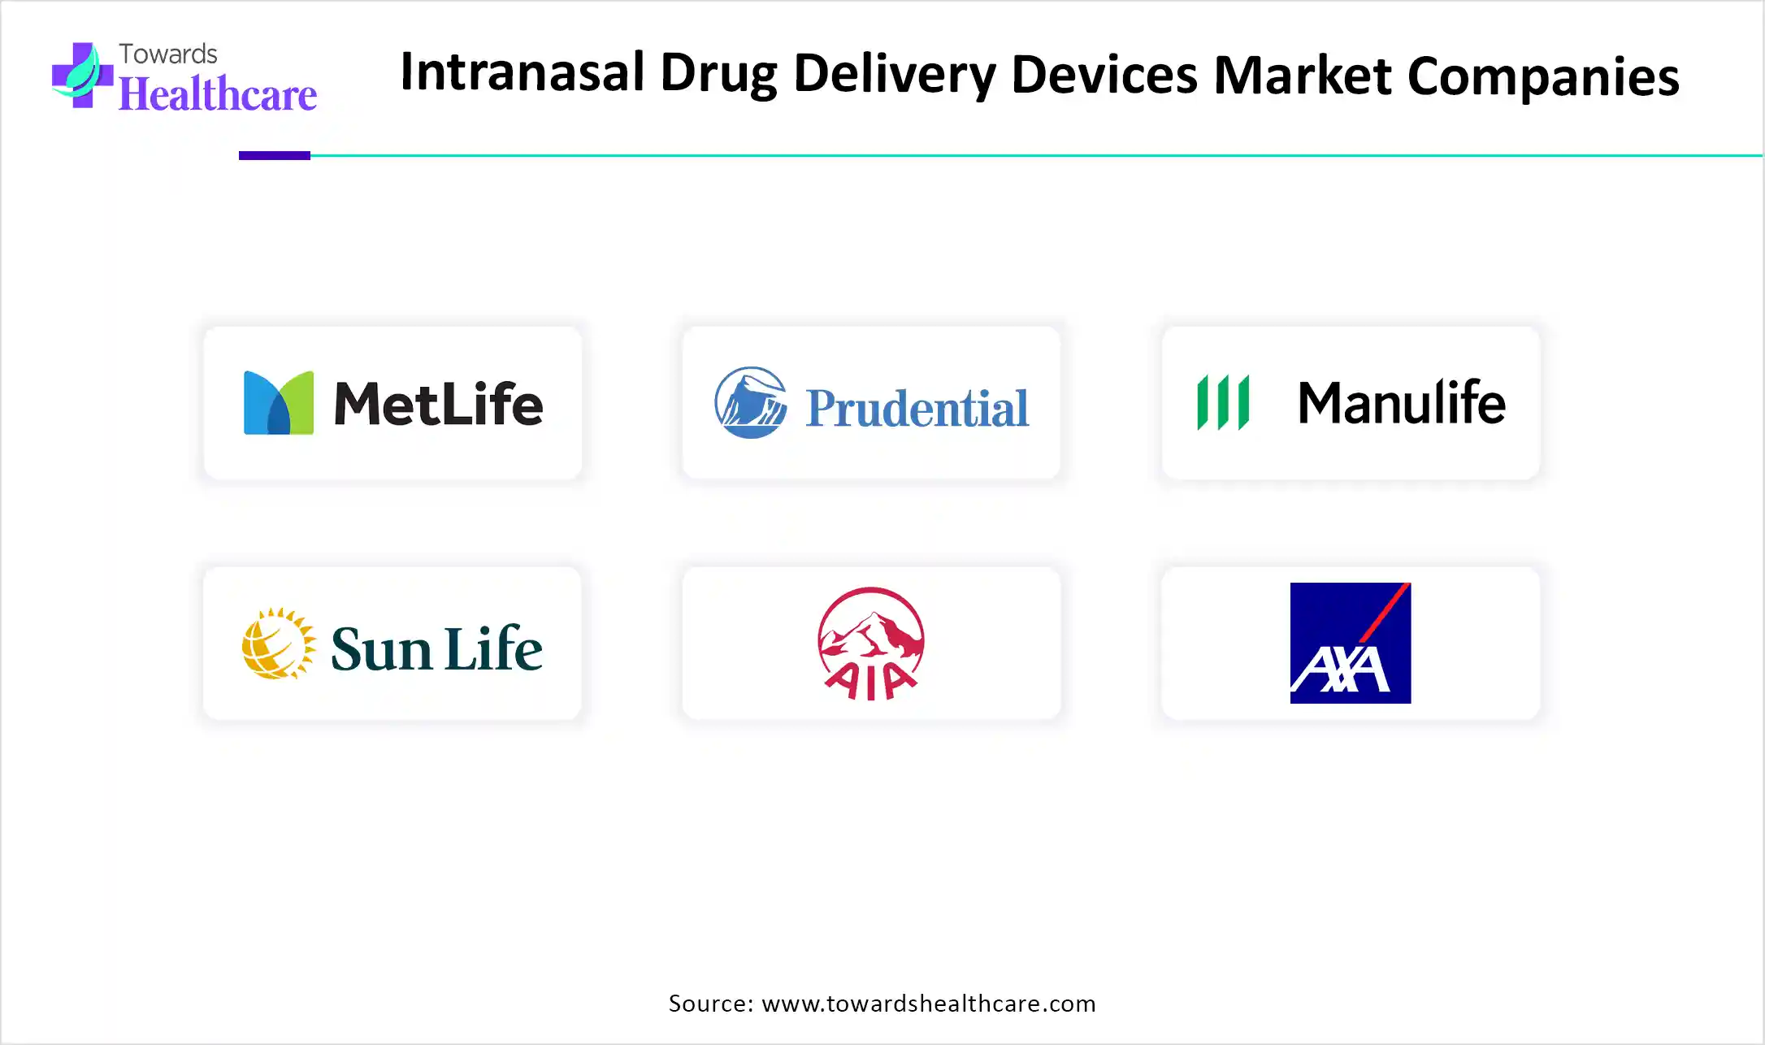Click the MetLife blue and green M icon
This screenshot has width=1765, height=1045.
tap(279, 403)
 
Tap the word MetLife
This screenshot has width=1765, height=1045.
tap(438, 404)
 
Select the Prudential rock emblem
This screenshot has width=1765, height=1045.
tap(751, 402)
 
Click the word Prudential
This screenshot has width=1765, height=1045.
tap(917, 408)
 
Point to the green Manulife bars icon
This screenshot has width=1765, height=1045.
tap(1223, 402)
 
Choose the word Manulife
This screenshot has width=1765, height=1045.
tap(1402, 402)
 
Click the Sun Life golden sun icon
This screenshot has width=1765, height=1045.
tap(279, 644)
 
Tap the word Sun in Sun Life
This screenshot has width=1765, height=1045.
tap(381, 649)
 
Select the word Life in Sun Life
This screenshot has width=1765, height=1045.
tap(494, 648)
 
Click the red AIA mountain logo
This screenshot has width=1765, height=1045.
tap(871, 644)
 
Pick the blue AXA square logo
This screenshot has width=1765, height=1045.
tap(1351, 643)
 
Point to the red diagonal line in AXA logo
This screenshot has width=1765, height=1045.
tap(1385, 613)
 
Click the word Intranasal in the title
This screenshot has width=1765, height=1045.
tap(523, 72)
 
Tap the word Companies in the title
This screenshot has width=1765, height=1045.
tap(1543, 77)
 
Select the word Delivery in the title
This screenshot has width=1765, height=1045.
tap(895, 75)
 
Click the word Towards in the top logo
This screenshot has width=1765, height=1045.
tap(168, 54)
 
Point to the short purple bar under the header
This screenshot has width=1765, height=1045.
tap(275, 155)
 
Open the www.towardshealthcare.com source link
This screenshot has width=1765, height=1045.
tap(929, 1004)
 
